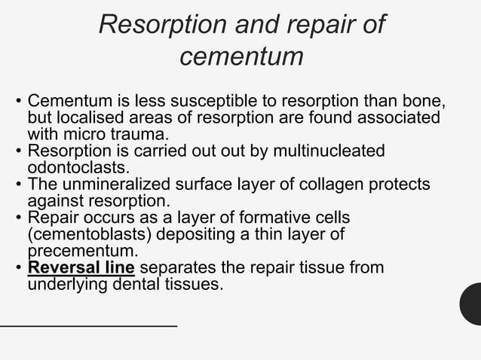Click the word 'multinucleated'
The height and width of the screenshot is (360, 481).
[332, 151]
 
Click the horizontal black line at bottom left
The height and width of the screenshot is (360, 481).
[88, 325]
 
